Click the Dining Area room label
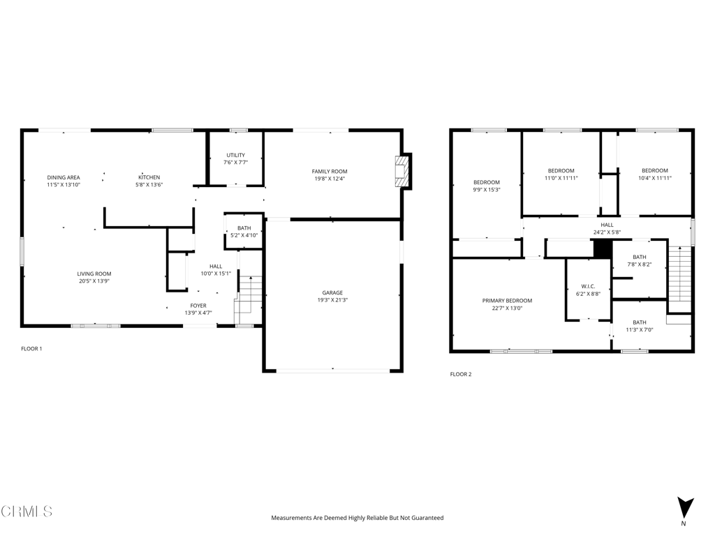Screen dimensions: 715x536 point(64,177)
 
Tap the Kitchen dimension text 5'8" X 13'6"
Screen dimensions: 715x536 point(149,184)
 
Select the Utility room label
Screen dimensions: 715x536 point(236,155)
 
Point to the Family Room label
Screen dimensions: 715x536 point(330,172)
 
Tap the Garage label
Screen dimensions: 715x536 point(332,292)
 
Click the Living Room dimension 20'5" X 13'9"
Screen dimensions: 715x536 point(94,281)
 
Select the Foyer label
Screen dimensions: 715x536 point(198,306)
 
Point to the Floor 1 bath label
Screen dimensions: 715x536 point(244,228)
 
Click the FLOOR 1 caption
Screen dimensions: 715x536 point(31,349)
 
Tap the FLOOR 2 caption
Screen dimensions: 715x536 point(461,374)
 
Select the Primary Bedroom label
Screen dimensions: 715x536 point(507,300)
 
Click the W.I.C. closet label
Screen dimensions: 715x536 point(588,286)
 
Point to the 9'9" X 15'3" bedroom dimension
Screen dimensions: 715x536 point(487,190)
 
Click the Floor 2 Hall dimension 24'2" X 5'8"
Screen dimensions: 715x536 point(607,232)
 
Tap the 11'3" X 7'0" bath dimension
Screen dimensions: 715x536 point(640,329)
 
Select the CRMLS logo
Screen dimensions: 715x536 point(27,512)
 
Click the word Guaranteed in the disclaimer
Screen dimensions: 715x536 point(428,518)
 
